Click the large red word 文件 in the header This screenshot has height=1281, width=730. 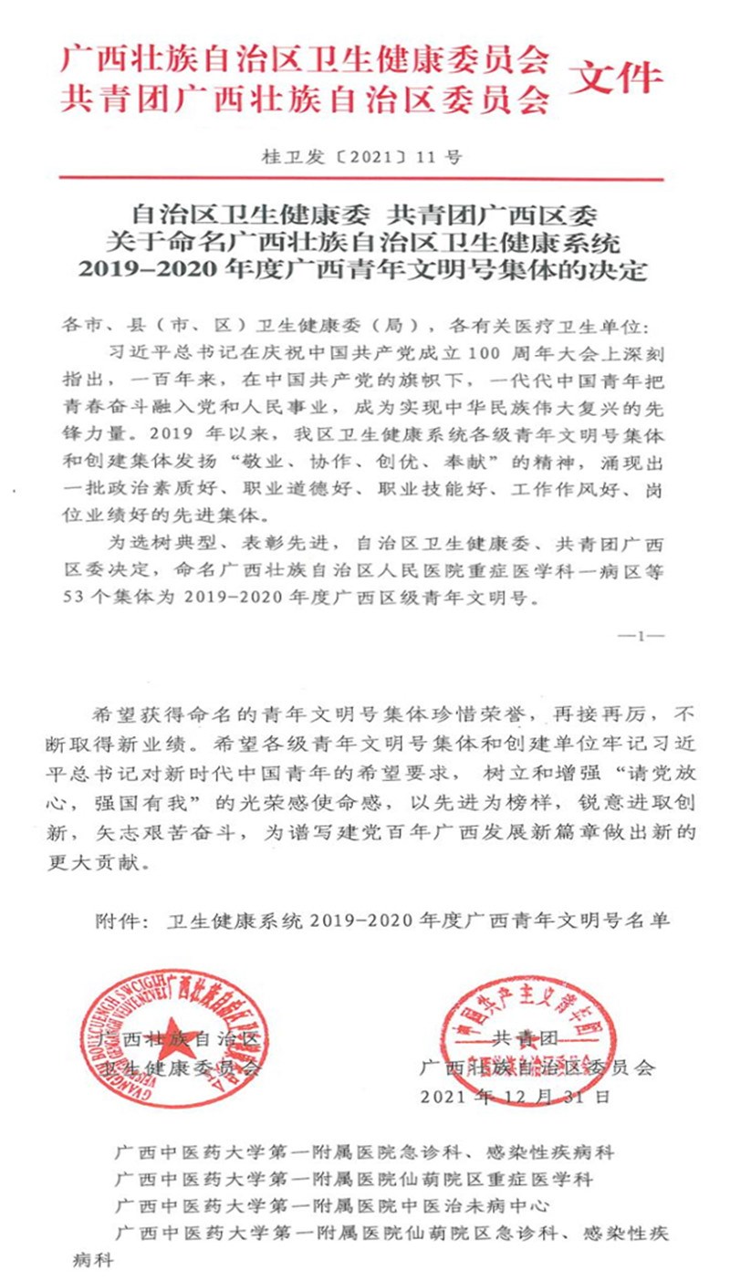pos(616,78)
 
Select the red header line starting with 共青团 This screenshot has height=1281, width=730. pos(306,99)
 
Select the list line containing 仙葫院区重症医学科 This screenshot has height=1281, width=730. pos(354,1179)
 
